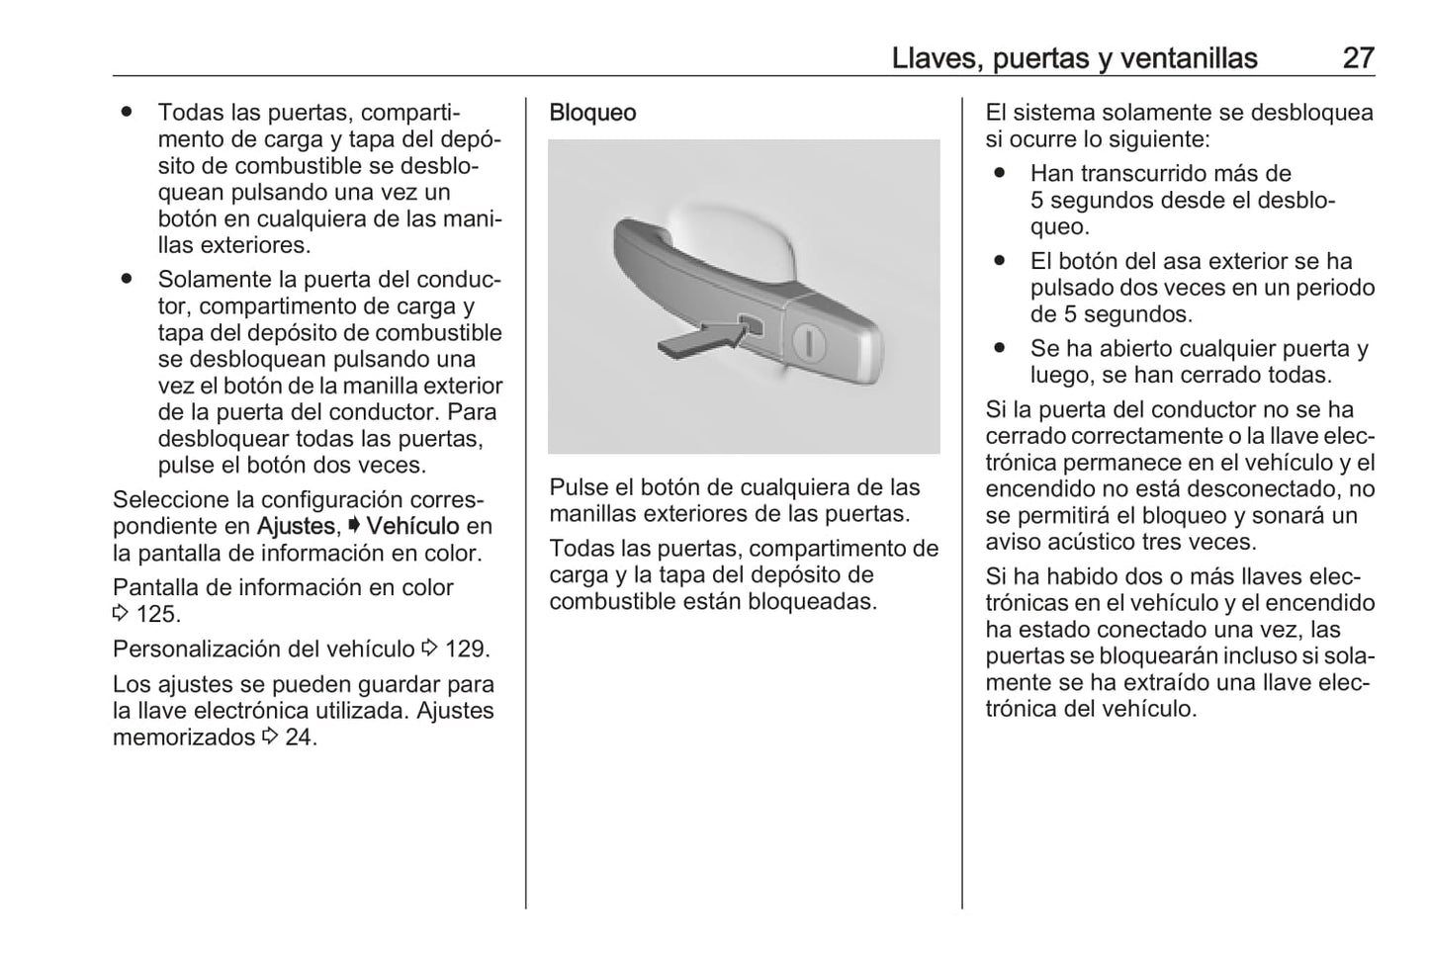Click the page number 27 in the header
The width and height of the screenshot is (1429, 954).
point(1358,58)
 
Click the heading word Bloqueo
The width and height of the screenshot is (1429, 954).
point(592,113)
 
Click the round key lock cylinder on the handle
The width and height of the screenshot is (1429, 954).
point(810,343)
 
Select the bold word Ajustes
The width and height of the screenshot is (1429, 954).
point(296,526)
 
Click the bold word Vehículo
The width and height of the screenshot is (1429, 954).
point(412,526)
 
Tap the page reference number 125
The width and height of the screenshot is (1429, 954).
point(157,614)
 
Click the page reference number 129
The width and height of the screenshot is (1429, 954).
point(467,650)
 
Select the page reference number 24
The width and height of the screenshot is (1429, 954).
point(301,737)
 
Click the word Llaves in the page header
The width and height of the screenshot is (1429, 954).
point(932,58)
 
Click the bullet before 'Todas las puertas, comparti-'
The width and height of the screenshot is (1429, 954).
point(128,113)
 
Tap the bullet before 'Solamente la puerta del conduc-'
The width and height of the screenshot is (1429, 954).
point(128,280)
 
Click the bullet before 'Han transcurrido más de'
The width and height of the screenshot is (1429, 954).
point(1000,173)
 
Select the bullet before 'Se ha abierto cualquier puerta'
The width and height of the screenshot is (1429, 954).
point(1000,348)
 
